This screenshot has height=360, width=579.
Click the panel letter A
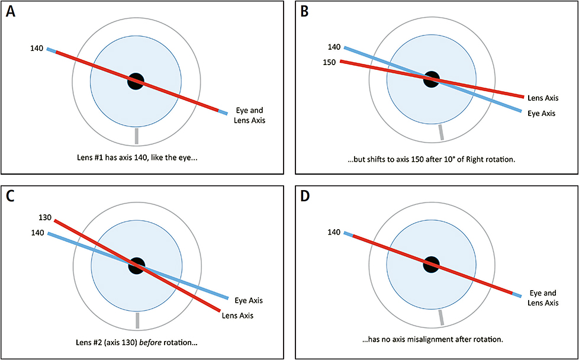(x=11, y=12)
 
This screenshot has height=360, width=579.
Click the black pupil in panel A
(x=136, y=81)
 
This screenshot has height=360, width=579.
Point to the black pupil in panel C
(x=137, y=265)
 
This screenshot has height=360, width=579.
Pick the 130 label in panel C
(x=44, y=218)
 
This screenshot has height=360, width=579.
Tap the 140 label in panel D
(x=334, y=232)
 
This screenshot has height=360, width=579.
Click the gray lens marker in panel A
(x=137, y=136)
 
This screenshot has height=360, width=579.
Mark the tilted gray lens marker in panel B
(x=440, y=132)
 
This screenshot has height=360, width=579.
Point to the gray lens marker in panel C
(x=137, y=320)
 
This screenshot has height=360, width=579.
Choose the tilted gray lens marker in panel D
(x=440, y=318)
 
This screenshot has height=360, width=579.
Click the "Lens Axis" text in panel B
(x=543, y=98)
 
